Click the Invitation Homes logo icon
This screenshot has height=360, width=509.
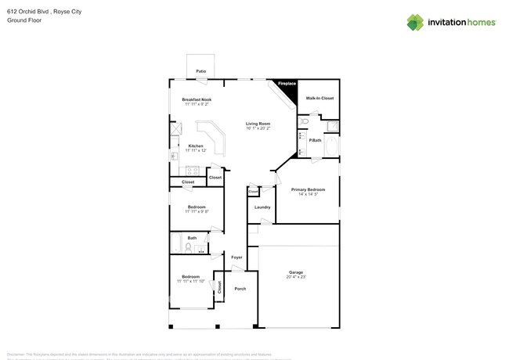pyautogui.click(x=415, y=22)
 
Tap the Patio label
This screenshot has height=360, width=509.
pyautogui.click(x=201, y=71)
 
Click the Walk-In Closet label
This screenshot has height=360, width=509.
pyautogui.click(x=319, y=99)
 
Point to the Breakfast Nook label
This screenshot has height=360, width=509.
pyautogui.click(x=197, y=99)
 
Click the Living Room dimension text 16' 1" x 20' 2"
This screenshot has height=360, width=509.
pyautogui.click(x=258, y=128)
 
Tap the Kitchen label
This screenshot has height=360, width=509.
pyautogui.click(x=196, y=146)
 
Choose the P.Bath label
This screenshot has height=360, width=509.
pyautogui.click(x=316, y=140)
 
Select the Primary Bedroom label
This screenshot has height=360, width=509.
pyautogui.click(x=308, y=189)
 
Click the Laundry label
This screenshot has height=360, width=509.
pyautogui.click(x=262, y=207)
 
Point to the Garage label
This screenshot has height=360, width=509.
pyautogui.click(x=295, y=272)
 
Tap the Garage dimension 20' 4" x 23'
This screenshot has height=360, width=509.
pyautogui.click(x=295, y=277)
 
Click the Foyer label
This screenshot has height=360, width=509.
pyautogui.click(x=236, y=257)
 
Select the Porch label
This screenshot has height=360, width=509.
pyautogui.click(x=240, y=289)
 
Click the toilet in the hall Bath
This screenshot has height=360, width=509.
pyautogui.click(x=189, y=248)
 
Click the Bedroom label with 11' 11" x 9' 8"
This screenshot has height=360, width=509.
pyautogui.click(x=196, y=207)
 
